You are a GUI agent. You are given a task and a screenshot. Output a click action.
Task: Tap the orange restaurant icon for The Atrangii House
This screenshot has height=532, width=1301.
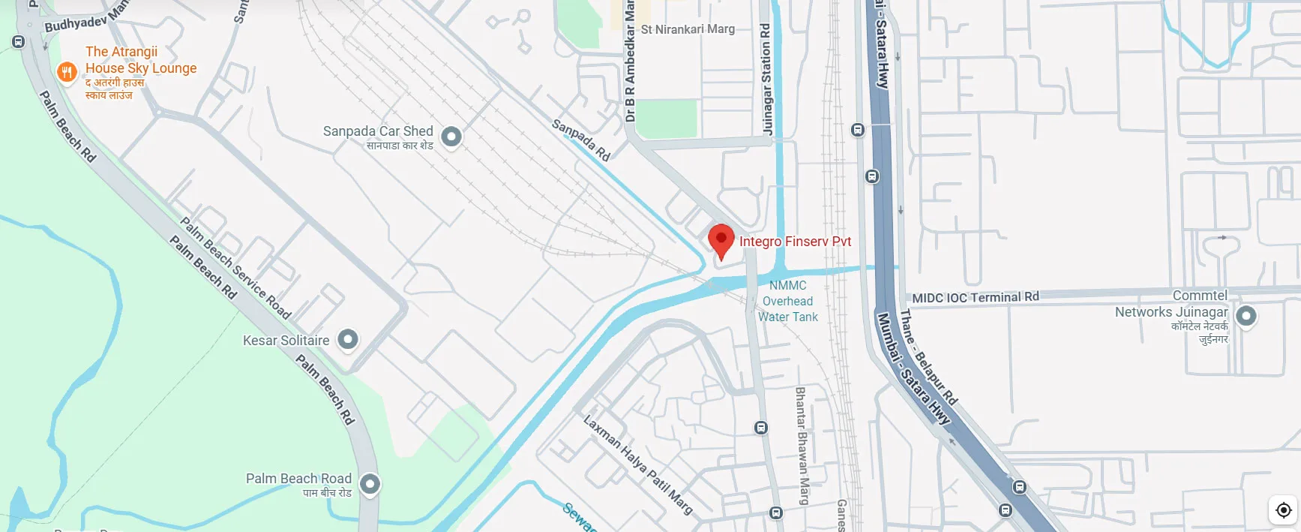pos(67,72)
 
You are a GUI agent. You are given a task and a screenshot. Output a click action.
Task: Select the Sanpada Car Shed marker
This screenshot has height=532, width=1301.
pos(451,137)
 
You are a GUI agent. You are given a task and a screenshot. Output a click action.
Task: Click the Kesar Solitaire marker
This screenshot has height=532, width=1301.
pos(347,339)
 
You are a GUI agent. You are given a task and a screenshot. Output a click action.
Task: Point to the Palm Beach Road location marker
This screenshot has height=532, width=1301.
pos(370,484)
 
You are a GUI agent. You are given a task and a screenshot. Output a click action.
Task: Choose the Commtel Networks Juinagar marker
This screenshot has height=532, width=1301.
pos(1246,316)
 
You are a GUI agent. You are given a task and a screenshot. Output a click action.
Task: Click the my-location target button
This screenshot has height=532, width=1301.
pos(1283,510)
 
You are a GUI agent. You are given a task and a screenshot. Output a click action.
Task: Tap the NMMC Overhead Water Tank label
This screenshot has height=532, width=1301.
pos(787,301)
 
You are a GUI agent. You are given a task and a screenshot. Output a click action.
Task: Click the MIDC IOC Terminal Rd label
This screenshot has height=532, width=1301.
pos(975,297)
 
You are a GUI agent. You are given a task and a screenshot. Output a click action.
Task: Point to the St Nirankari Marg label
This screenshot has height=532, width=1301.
pos(688,29)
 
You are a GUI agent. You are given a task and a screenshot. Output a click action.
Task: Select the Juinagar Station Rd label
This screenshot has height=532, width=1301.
pos(766,79)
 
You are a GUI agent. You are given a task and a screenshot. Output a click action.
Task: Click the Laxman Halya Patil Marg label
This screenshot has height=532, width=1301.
pos(637,464)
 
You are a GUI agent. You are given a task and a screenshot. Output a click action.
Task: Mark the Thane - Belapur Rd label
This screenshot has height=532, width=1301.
pos(928,356)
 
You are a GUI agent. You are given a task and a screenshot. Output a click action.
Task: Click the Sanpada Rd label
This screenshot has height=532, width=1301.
pos(581,140)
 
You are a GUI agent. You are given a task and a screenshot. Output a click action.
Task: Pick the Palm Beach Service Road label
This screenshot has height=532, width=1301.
pos(235,268)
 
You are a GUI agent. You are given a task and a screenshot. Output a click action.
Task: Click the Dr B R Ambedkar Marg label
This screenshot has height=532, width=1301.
pos(630,64)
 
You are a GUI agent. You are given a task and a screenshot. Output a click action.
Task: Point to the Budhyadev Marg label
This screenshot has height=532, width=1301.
pos(85,18)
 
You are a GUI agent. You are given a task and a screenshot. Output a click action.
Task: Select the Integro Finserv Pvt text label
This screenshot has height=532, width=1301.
pos(795,242)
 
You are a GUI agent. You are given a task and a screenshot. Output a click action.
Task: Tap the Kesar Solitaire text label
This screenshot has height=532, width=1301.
pos(286,341)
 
